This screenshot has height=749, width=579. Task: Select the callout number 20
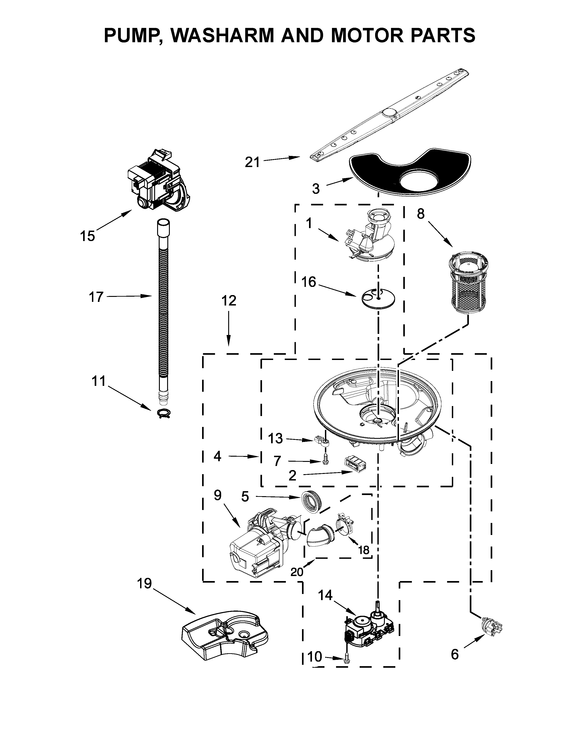point(297,572)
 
